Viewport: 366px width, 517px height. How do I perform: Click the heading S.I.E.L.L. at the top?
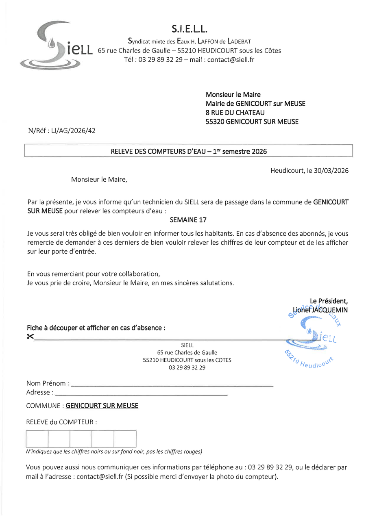pyautogui.click(x=190, y=28)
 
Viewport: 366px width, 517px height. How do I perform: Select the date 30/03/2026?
pyautogui.click(x=331, y=171)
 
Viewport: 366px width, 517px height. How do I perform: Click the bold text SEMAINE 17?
pyautogui.click(x=188, y=220)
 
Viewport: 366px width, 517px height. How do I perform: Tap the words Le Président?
pyautogui.click(x=329, y=301)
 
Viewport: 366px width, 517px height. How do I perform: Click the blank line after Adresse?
pyautogui.click(x=141, y=394)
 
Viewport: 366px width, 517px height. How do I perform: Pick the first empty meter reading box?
pyautogui.click(x=37, y=439)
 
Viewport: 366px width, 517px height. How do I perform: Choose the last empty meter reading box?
pyautogui.click(x=125, y=439)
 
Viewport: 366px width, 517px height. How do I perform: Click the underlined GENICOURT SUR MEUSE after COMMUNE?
pyautogui.click(x=102, y=406)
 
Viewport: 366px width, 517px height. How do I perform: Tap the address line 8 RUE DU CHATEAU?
pyautogui.click(x=235, y=113)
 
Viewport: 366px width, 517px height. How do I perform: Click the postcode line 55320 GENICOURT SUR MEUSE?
pyautogui.click(x=252, y=122)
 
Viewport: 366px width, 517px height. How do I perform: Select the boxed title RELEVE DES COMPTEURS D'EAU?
pyautogui.click(x=189, y=151)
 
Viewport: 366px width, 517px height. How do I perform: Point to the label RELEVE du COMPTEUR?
pyautogui.click(x=61, y=422)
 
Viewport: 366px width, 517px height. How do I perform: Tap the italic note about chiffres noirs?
pyautogui.click(x=114, y=452)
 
